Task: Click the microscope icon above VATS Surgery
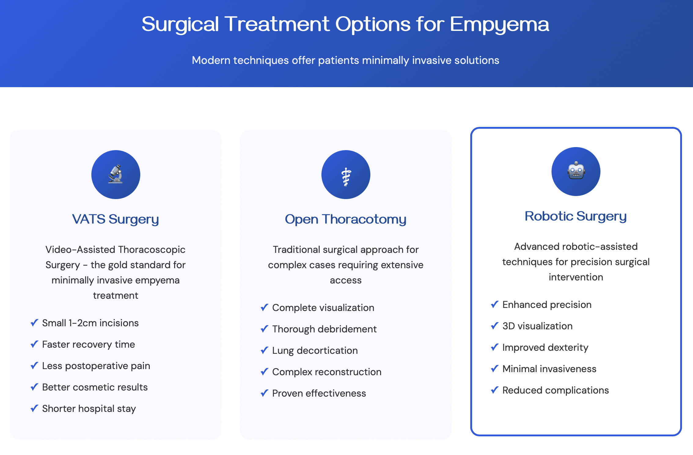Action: pos(116,174)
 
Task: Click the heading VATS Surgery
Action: pos(116,219)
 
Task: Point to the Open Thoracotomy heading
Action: pos(346,219)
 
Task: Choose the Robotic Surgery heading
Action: pos(576,216)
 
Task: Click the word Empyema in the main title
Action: pos(499,24)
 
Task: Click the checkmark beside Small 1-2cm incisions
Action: pos(34,323)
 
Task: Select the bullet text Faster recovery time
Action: pos(88,344)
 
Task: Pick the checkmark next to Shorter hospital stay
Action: pos(34,408)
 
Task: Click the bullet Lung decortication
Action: pos(315,350)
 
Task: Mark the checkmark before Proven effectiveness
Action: pos(264,393)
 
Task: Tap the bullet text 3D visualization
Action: pos(537,326)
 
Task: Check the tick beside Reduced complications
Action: pos(494,390)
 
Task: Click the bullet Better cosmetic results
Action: pos(95,387)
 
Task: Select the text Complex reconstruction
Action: pos(327,372)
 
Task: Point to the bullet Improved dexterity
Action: pos(545,347)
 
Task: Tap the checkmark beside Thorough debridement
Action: pos(264,329)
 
